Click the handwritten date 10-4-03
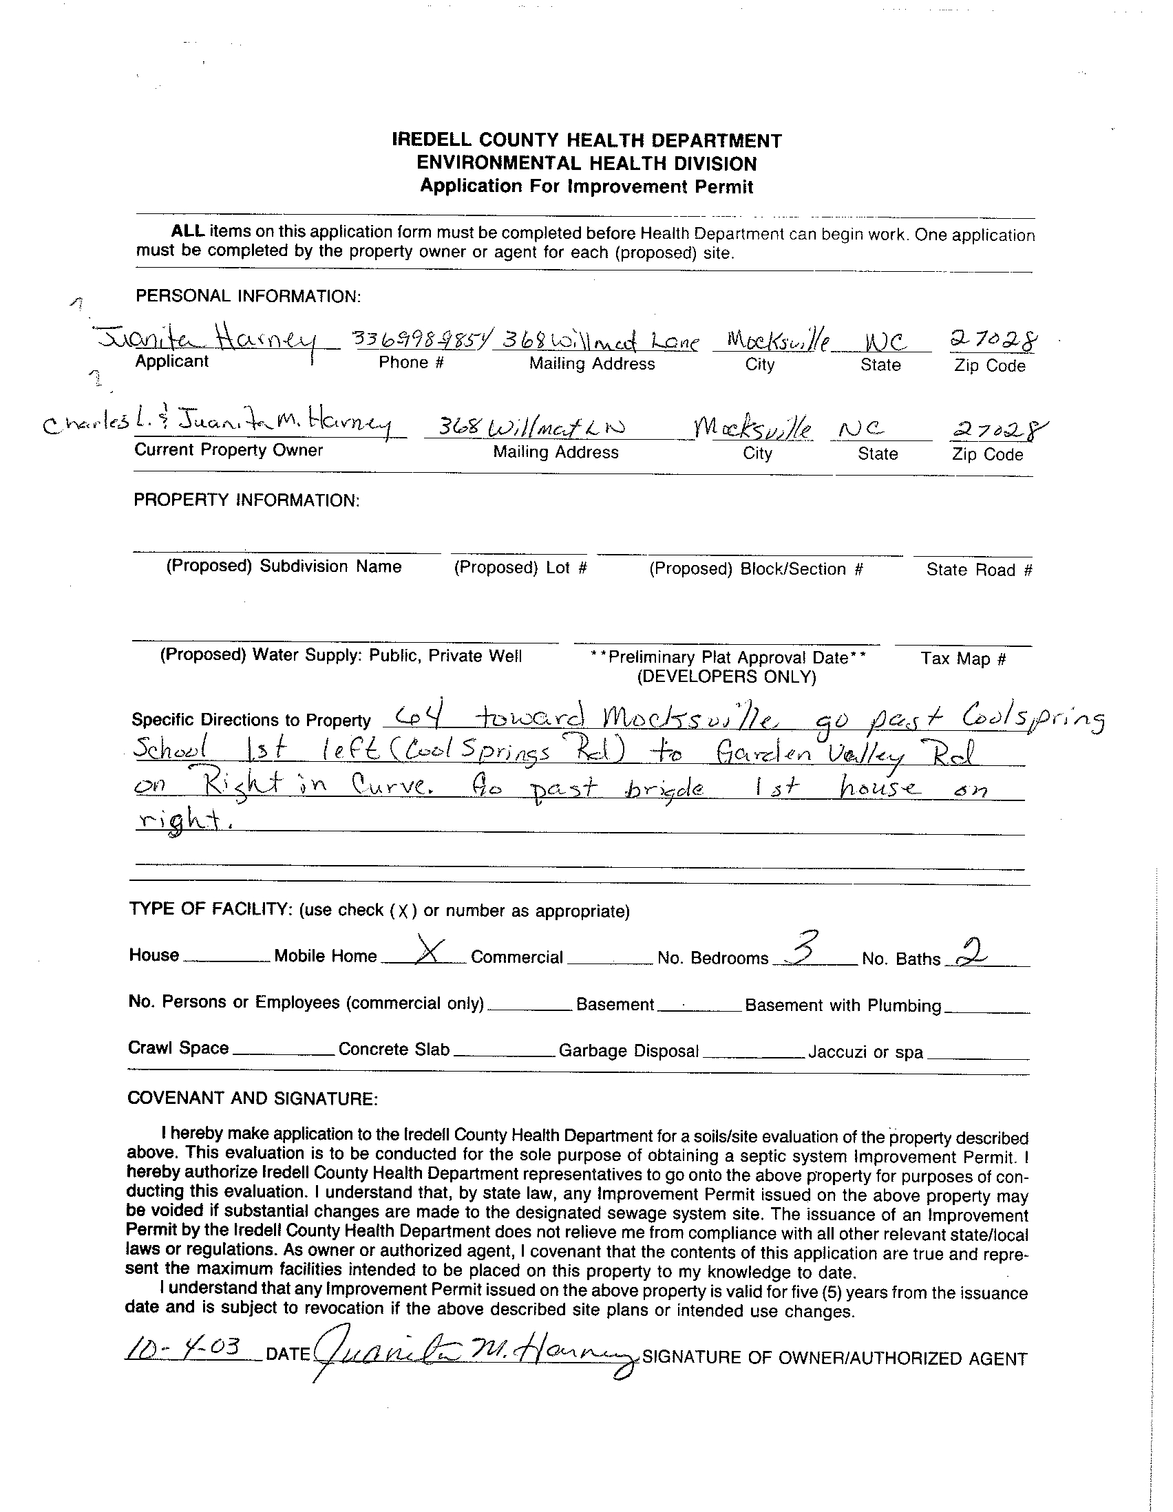click(183, 1348)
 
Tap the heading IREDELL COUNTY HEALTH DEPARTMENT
click(586, 140)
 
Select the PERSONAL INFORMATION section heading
click(248, 297)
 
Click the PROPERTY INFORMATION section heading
click(246, 500)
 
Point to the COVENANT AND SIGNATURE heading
click(253, 1098)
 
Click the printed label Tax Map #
click(962, 659)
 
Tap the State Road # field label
click(979, 570)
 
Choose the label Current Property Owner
click(229, 450)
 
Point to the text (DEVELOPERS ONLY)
click(726, 677)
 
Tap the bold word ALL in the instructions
click(188, 231)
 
